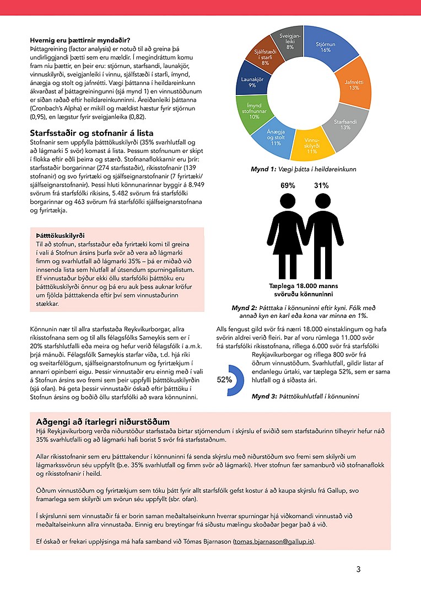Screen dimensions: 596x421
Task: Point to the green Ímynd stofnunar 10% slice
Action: pyautogui.click(x=254, y=113)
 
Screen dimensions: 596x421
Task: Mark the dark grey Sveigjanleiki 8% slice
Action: pyautogui.click(x=290, y=40)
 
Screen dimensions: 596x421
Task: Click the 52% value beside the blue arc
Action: pyautogui.click(x=224, y=380)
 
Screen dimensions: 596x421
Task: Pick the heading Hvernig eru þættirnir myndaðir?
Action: pyautogui.click(x=80, y=40)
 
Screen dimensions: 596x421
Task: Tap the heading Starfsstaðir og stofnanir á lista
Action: pyautogui.click(x=91, y=132)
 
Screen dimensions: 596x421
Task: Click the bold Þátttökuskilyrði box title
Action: pyautogui.click(x=60, y=235)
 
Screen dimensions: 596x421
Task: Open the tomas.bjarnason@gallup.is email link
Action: pyautogui.click(x=273, y=541)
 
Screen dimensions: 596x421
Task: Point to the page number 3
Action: pyautogui.click(x=358, y=570)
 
